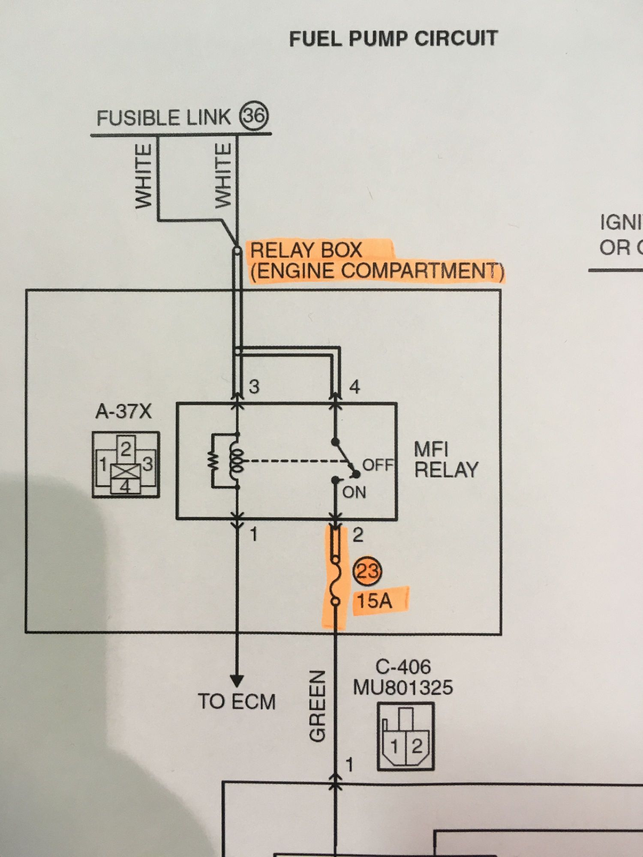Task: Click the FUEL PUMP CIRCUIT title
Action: click(393, 39)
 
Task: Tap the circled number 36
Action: click(254, 116)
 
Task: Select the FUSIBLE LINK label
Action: click(163, 118)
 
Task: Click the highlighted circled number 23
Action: click(367, 571)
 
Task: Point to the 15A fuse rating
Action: click(375, 600)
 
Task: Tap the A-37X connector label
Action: click(123, 411)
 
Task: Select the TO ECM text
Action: click(237, 701)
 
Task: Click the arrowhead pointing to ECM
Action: click(237, 680)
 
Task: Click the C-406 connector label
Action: click(403, 667)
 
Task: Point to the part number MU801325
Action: click(403, 687)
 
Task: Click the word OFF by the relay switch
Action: click(378, 464)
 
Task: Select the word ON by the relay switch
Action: click(354, 492)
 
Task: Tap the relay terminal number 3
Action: click(254, 387)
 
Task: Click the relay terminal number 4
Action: click(355, 387)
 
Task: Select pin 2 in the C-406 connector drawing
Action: click(417, 746)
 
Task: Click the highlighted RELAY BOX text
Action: click(306, 250)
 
